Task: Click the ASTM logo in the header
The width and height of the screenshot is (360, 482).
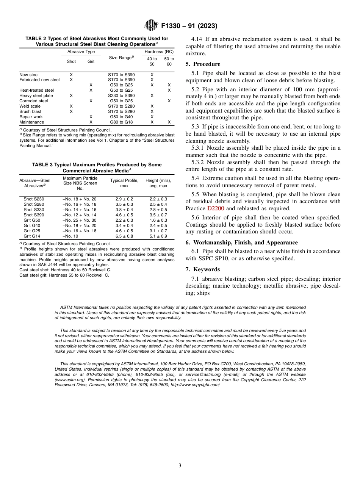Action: pyautogui.click(x=151, y=26)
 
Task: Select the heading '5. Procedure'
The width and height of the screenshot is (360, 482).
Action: pyautogui.click(x=203, y=64)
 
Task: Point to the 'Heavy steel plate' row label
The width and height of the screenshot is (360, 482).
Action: pyautogui.click(x=36, y=96)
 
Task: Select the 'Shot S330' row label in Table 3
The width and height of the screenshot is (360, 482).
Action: pyautogui.click(x=34, y=210)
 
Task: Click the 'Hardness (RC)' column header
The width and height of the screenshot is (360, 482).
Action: pyautogui.click(x=159, y=52)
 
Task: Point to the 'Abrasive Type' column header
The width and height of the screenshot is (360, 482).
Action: pyautogui.click(x=81, y=52)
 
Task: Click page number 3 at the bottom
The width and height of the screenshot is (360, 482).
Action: pyautogui.click(x=180, y=466)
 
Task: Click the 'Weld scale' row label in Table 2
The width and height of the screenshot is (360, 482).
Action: pyautogui.click(x=30, y=106)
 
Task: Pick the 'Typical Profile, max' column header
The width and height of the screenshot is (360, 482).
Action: pyautogui.click(x=124, y=183)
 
